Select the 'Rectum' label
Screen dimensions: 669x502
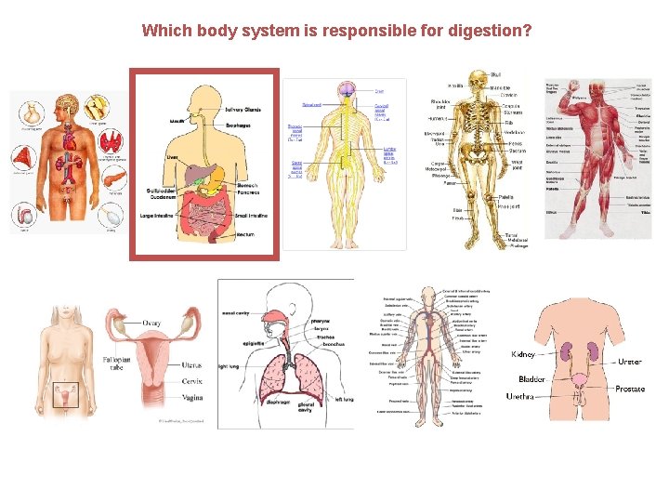(x=245, y=235)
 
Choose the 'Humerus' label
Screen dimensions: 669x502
(x=438, y=119)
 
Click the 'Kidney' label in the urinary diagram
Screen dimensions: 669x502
(x=523, y=354)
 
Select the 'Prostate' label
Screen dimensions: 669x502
(x=630, y=389)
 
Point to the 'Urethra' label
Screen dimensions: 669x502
(x=520, y=396)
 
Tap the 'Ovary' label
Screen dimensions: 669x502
(x=151, y=324)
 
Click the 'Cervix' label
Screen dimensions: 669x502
(x=192, y=381)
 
